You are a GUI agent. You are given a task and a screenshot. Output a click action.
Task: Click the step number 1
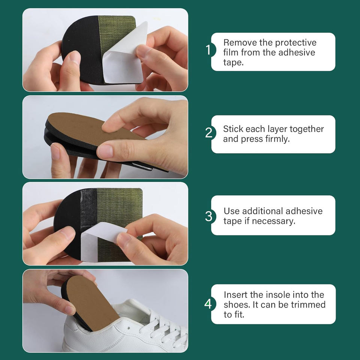(x=208, y=50)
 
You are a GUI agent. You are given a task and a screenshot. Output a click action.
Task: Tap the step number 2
(x=209, y=133)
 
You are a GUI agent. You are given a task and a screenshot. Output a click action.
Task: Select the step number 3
(x=209, y=216)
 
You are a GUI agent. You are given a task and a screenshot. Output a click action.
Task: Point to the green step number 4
(x=208, y=304)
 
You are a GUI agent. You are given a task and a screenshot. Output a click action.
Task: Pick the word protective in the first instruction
(x=296, y=43)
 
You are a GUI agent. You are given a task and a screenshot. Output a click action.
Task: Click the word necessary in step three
(x=273, y=221)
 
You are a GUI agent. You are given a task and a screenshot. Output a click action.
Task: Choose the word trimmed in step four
(x=308, y=304)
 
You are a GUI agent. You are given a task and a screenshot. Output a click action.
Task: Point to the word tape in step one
(x=233, y=63)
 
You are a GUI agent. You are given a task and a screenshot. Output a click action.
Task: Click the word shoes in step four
(x=237, y=304)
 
